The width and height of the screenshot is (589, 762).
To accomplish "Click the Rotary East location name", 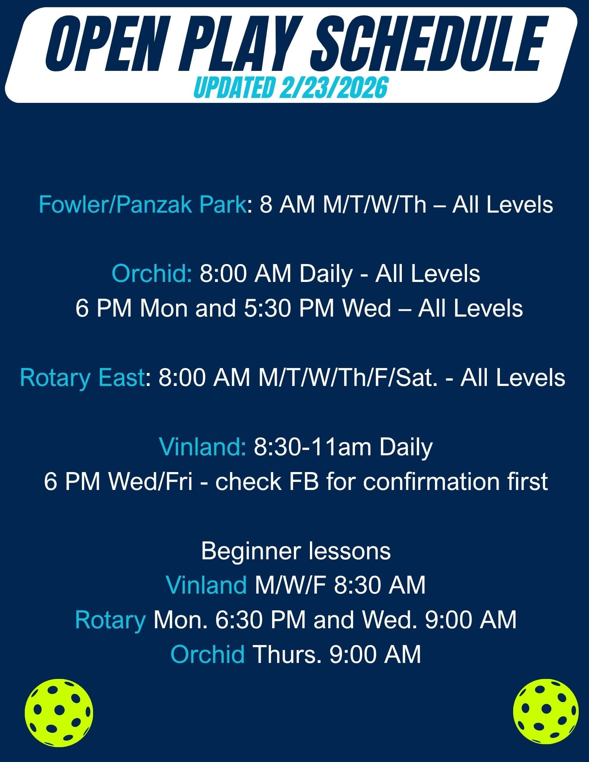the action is pyautogui.click(x=82, y=378).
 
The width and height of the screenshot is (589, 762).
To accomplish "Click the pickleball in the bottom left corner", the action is pyautogui.click(x=59, y=712).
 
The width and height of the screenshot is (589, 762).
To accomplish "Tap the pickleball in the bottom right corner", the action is pyautogui.click(x=546, y=712).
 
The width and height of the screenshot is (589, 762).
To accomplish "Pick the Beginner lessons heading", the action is pyautogui.click(x=296, y=551).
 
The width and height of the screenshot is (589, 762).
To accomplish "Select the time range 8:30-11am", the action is pyautogui.click(x=313, y=447).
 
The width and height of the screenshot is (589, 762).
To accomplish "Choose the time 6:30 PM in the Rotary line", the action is pyautogui.click(x=261, y=620).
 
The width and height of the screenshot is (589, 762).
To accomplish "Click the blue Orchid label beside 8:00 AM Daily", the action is pyautogui.click(x=152, y=274).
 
